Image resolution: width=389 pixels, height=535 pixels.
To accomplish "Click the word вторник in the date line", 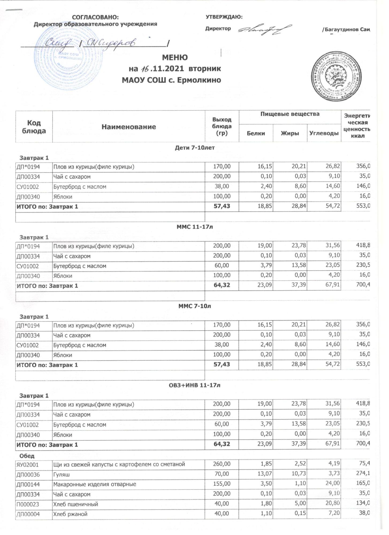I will [205, 69].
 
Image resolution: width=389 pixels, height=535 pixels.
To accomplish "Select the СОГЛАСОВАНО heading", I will [95, 17].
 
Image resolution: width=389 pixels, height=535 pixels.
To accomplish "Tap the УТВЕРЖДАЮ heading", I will [224, 17].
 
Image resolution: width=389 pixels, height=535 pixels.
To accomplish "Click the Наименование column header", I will [128, 127].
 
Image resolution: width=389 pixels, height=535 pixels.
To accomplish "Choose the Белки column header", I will [256, 133].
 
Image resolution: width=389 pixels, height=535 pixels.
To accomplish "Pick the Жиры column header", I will [290, 133].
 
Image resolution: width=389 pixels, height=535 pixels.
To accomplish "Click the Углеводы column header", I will [324, 133].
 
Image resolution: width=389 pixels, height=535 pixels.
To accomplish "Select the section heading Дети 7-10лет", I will [194, 148].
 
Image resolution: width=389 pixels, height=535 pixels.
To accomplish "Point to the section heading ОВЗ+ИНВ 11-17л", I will [194, 385].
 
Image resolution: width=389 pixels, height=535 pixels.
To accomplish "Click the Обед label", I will [27, 456].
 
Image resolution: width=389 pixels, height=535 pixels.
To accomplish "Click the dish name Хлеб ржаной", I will [70, 514].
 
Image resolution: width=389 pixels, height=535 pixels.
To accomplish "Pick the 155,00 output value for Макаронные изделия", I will [222, 484].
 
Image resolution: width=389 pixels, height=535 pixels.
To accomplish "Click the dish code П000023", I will [28, 504].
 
